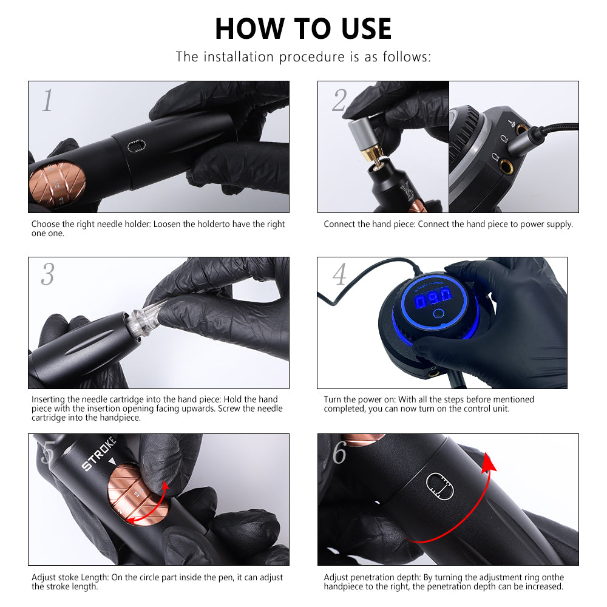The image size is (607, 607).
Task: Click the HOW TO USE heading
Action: (303, 29)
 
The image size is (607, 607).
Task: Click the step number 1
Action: (47, 101)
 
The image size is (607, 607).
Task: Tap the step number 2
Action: (339, 101)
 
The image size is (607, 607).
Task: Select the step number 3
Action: (47, 274)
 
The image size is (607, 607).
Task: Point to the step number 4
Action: (339, 274)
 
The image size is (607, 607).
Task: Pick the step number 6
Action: (339, 452)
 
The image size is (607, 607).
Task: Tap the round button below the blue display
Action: (439, 313)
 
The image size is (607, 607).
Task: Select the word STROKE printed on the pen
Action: (99, 453)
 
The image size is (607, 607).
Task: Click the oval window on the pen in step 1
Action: (137, 146)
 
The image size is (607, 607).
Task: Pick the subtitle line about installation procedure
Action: (303, 57)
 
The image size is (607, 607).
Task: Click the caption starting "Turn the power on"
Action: (429, 404)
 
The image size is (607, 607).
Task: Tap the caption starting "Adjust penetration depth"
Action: (444, 582)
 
